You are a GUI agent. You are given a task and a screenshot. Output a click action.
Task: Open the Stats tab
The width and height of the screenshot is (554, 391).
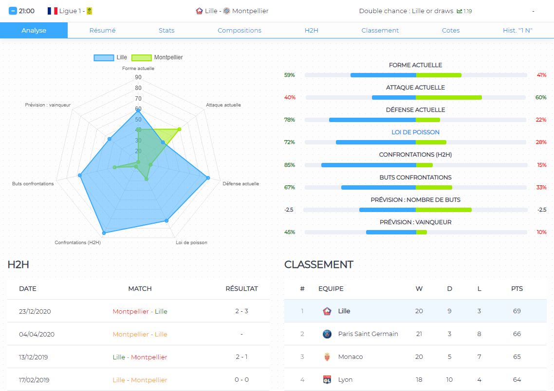[x=166, y=30]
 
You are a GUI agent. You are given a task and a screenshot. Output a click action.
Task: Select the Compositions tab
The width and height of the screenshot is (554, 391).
[x=239, y=30]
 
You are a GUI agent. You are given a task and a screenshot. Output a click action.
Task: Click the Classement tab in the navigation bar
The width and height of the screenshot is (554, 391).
[x=380, y=30]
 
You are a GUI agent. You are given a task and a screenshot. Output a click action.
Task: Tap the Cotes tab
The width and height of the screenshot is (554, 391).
[x=450, y=30]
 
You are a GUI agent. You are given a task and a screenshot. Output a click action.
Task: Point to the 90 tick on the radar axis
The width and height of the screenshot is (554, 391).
[x=138, y=77]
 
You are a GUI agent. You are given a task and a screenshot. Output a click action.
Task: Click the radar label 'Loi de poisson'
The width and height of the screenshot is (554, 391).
[x=191, y=242]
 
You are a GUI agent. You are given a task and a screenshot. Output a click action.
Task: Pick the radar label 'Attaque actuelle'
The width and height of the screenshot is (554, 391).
[x=223, y=105]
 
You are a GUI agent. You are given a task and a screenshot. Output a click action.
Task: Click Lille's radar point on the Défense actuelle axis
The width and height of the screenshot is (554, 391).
[x=208, y=178]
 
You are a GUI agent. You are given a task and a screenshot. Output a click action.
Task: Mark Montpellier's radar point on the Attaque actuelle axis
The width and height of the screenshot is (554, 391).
[x=180, y=129]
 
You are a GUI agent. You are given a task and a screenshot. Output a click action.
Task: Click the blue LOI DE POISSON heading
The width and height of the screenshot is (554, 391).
[x=415, y=132]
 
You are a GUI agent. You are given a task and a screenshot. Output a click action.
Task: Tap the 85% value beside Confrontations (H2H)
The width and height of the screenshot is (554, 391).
[x=290, y=165]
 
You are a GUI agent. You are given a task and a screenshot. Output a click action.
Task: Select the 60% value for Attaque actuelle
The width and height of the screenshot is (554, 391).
[x=540, y=97]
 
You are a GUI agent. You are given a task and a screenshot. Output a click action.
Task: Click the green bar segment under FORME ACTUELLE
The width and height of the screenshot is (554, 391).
[x=438, y=75]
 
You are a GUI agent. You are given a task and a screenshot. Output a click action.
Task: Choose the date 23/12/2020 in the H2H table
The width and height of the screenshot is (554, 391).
[x=35, y=311]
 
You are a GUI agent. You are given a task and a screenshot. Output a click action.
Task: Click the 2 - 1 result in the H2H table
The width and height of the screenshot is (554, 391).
[x=241, y=357]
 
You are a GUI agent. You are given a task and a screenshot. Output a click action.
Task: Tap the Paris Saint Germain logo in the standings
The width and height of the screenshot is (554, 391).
[x=327, y=334]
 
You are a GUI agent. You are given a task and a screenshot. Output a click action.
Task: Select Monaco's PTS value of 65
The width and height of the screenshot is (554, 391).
[x=517, y=356]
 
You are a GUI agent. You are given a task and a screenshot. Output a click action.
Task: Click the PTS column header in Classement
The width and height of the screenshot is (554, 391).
[x=517, y=288]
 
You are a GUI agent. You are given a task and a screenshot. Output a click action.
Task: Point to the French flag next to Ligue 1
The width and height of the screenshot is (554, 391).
[x=52, y=11]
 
